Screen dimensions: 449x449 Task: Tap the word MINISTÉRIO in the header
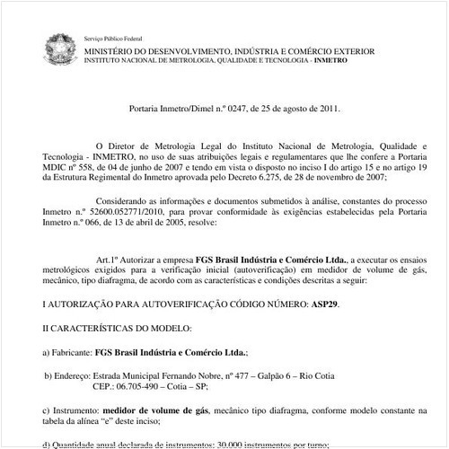tap(115, 52)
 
